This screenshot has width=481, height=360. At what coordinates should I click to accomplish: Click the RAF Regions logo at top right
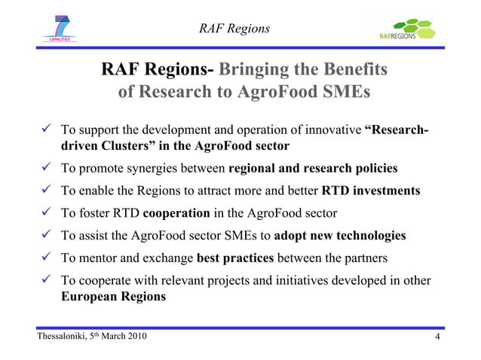click(x=408, y=31)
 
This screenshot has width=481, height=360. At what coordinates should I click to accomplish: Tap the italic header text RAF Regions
click(x=234, y=29)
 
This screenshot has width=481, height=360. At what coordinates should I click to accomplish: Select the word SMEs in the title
click(x=345, y=93)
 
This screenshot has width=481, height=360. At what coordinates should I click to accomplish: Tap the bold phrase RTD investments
click(x=371, y=190)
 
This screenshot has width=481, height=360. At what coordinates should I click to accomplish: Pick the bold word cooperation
click(x=177, y=212)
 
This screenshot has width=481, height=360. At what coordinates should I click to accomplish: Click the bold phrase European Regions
click(x=113, y=296)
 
